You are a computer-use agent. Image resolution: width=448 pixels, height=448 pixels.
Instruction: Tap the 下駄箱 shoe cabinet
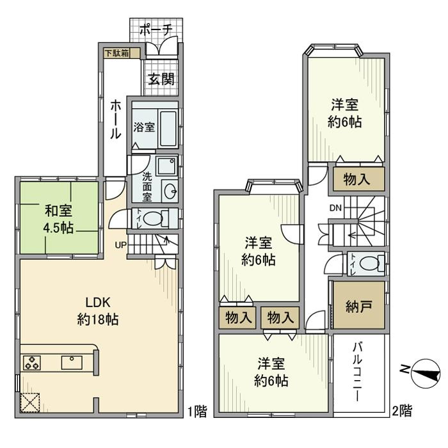(118, 53)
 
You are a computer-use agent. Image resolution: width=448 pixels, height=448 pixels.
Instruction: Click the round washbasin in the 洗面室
(171, 191)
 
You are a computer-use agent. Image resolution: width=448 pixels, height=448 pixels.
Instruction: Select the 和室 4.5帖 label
(58, 219)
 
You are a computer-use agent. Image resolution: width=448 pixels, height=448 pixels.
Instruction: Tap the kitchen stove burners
(32, 363)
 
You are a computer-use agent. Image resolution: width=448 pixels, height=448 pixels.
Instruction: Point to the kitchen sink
(71, 362)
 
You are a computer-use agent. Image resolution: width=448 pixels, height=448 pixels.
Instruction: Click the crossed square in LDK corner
(30, 402)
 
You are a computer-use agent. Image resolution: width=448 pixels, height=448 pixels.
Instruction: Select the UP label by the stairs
(120, 244)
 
